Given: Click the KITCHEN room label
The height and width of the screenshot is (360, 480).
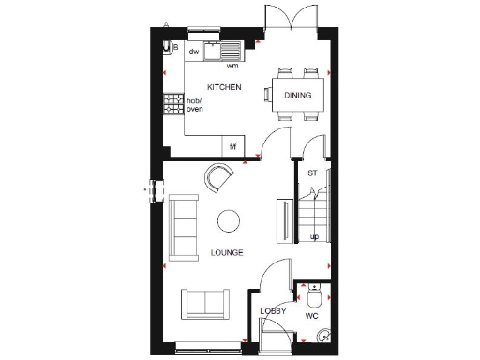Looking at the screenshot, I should click(224, 87).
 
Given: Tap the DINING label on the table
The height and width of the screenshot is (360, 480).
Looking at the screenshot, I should click(299, 95).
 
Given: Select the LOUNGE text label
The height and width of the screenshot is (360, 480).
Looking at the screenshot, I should click(227, 252).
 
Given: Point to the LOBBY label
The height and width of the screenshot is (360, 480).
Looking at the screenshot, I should click(273, 310).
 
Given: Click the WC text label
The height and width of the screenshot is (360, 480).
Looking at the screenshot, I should click(312, 316).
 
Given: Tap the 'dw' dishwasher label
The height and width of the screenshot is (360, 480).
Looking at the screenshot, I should click(194, 52).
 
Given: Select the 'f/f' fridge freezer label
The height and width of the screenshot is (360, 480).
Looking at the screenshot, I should click(233, 146).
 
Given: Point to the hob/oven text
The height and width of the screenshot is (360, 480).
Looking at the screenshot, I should click(194, 104).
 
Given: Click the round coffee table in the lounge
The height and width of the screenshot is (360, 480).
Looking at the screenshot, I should click(228, 221).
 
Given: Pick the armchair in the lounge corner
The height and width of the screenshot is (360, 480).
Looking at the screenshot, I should click(219, 176).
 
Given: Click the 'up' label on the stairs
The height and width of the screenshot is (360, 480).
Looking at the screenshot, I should click(315, 236).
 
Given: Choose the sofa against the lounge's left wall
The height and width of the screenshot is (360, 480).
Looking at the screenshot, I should click(183, 228).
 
